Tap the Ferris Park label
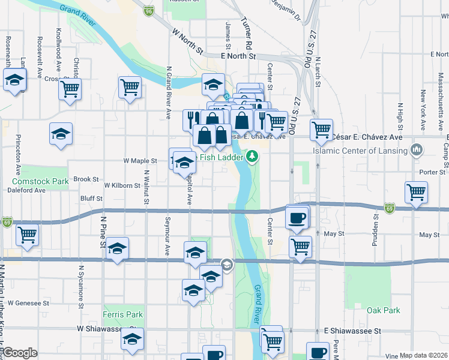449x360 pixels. [122, 314]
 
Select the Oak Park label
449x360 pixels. [383, 310]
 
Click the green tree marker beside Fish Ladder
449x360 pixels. [253, 158]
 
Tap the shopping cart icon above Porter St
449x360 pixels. [415, 193]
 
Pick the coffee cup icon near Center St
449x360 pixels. [297, 217]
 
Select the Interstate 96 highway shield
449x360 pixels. [149, 10]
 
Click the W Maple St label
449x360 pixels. [140, 161]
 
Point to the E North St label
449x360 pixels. [238, 56]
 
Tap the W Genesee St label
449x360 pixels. [28, 304]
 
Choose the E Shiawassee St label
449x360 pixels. [352, 331]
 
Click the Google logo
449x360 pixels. [20, 353]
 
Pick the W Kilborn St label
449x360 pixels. [122, 185]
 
